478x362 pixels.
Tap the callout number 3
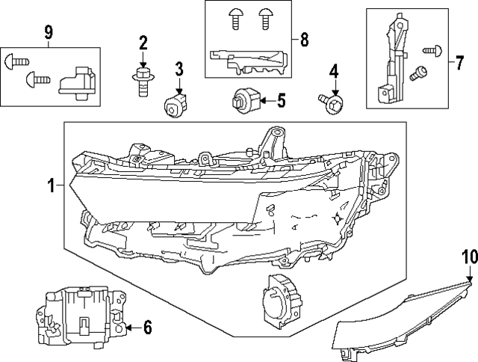(179, 71)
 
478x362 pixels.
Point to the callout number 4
(334, 73)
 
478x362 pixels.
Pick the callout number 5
(281, 99)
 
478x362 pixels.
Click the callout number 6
(147, 326)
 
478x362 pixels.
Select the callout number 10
(468, 257)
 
